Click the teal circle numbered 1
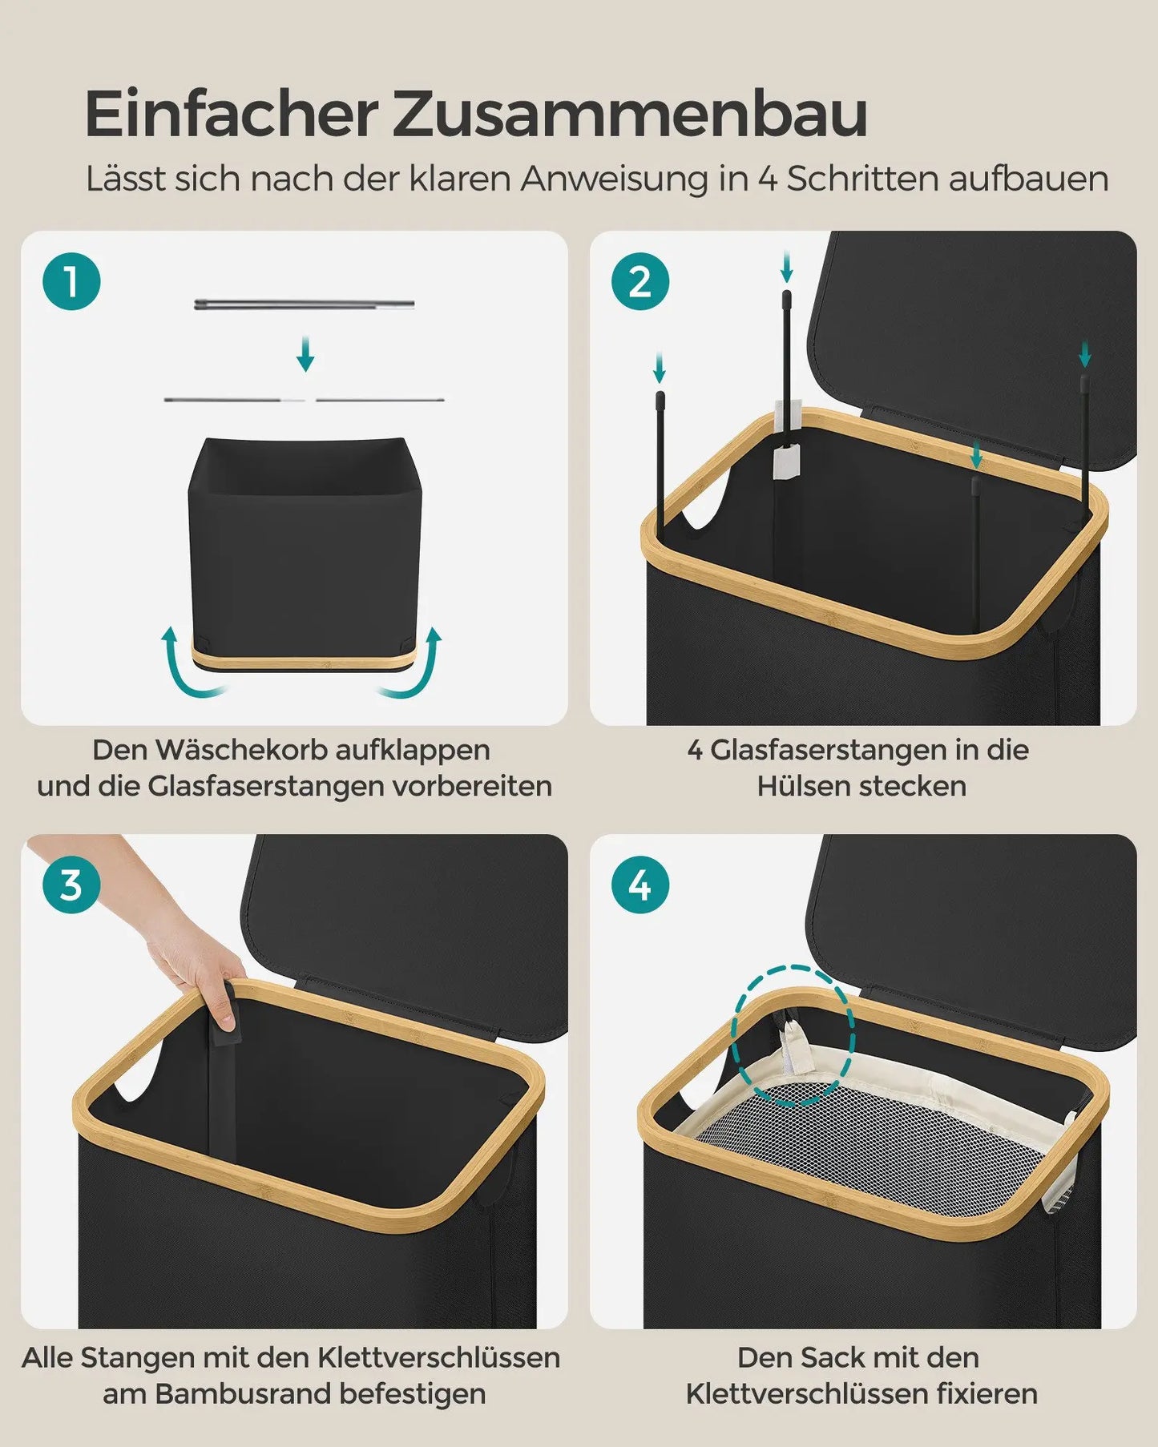(x=71, y=282)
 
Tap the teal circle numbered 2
(x=640, y=282)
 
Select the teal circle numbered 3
(x=71, y=885)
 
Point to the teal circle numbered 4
(x=640, y=885)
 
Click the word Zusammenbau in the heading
(x=630, y=115)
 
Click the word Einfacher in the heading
(x=231, y=114)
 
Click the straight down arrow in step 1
(x=305, y=354)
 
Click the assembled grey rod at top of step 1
(x=305, y=304)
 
